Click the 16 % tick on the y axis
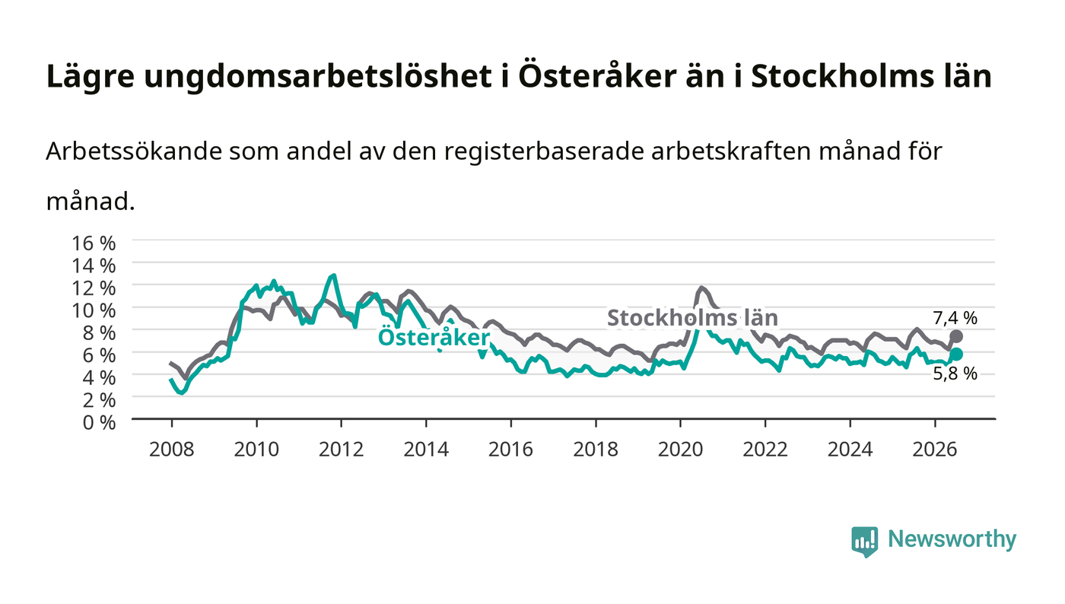pyautogui.click(x=94, y=243)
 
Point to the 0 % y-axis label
pyautogui.click(x=99, y=422)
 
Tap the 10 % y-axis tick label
pyautogui.click(x=94, y=310)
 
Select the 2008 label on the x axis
pyautogui.click(x=172, y=450)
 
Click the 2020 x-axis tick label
pyautogui.click(x=680, y=450)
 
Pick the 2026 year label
pyautogui.click(x=935, y=450)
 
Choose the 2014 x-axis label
pyautogui.click(x=426, y=450)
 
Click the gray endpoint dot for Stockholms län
pyautogui.click(x=956, y=337)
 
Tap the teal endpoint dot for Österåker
pyautogui.click(x=956, y=354)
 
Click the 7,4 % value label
pyautogui.click(x=955, y=318)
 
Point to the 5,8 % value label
pyautogui.click(x=955, y=374)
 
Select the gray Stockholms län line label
pyautogui.click(x=693, y=318)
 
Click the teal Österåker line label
pyautogui.click(x=434, y=337)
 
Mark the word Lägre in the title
pyautogui.click(x=91, y=77)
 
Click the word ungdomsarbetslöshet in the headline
pyautogui.click(x=318, y=77)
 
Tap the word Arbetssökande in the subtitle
pyautogui.click(x=134, y=151)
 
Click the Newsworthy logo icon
pyautogui.click(x=864, y=541)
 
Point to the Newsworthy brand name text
pyautogui.click(x=952, y=539)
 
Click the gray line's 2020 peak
pyautogui.click(x=701, y=288)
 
